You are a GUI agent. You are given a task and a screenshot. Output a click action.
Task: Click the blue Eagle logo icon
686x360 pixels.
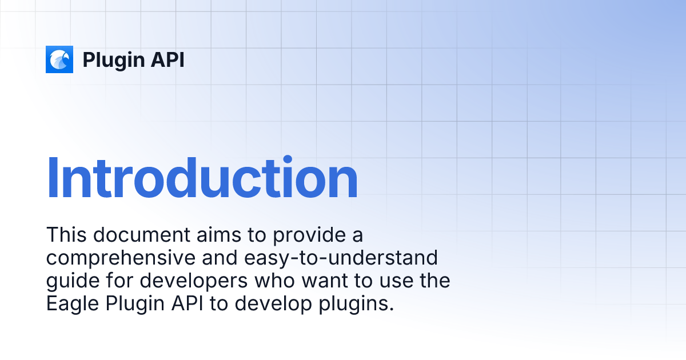click(x=59, y=59)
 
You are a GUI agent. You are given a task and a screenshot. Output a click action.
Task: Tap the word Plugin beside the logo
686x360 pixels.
click(x=114, y=61)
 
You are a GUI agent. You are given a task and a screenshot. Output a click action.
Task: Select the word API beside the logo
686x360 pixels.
click(x=167, y=59)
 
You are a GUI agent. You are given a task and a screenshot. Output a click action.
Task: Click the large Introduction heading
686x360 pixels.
click(x=202, y=178)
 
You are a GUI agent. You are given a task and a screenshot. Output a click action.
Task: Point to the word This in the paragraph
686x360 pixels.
click(x=66, y=235)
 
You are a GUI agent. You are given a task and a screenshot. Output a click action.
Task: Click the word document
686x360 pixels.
click(x=142, y=235)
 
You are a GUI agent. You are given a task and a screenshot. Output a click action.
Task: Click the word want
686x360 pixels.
click(x=325, y=281)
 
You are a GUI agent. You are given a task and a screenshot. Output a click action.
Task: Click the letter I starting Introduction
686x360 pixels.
click(x=53, y=178)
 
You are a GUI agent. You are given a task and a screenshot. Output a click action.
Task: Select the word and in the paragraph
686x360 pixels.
click(x=220, y=258)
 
